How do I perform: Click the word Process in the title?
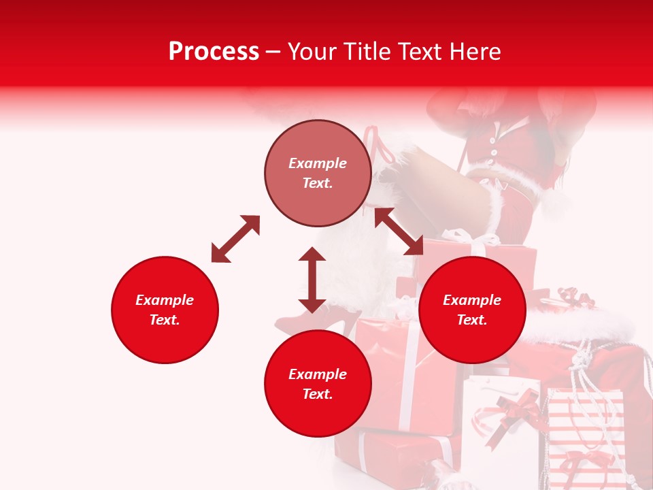[214, 52]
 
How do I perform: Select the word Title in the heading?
[364, 52]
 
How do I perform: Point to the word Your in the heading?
[313, 52]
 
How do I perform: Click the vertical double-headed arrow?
[312, 280]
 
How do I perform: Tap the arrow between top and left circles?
[235, 239]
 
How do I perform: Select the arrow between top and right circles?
[399, 231]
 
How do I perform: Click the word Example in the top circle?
[318, 163]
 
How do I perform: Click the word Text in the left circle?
[165, 320]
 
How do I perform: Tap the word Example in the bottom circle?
[318, 374]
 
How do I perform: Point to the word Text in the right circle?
[472, 320]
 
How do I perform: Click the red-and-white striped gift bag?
[585, 436]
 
